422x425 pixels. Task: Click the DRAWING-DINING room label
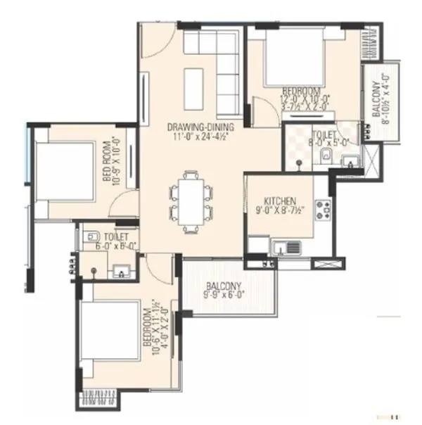200,127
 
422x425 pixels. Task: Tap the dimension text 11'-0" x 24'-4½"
200,137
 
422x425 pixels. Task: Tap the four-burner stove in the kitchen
324,209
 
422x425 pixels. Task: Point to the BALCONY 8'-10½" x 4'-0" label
380,99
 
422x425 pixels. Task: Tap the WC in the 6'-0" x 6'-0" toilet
91,239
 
